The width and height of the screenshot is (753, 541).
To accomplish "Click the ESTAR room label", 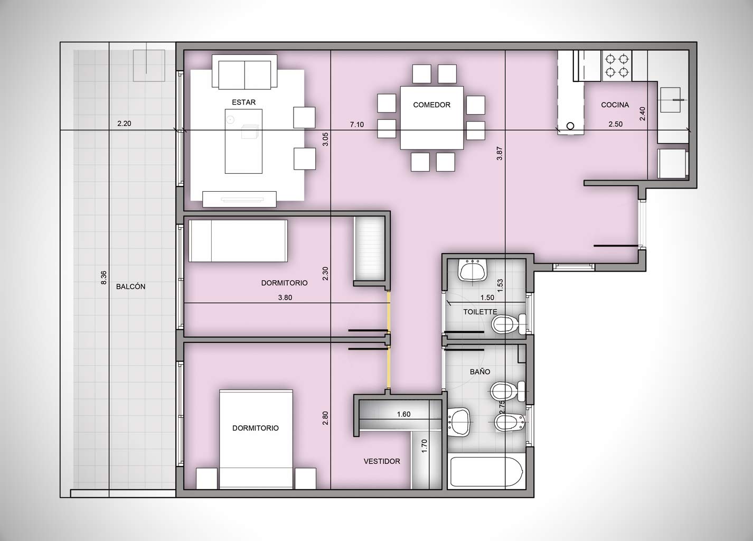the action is coord(244,102).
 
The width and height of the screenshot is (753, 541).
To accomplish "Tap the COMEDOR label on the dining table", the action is coord(431,105).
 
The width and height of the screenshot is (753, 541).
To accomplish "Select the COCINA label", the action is coord(615,105).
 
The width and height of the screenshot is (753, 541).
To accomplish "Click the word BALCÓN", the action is coord(131,286).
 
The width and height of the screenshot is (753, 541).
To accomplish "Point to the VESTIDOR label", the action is coord(382,461).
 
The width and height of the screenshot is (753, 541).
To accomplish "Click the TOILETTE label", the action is coord(480,312).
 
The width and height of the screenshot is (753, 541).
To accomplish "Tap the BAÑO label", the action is coord(480,371).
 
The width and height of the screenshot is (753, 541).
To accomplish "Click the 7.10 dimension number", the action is coord(356,125).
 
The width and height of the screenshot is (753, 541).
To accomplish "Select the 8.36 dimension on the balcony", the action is coord(103,278).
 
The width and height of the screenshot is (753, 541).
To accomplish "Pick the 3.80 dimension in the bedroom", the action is coord(285,297).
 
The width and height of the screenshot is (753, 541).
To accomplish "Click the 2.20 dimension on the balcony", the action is coord(124,124).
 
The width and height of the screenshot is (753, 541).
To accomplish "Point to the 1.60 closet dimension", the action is coord(403,414).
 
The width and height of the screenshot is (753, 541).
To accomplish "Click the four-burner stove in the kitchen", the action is coord(617,66).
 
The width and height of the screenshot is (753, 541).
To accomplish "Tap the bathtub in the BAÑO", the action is coord(486,472).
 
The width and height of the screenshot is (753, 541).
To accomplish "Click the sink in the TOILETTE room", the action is coord(473,270).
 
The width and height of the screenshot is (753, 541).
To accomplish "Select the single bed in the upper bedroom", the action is coord(238,241).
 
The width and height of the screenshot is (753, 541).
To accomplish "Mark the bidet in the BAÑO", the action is coord(510,422).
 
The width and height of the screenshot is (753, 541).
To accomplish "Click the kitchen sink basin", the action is coord(671,100).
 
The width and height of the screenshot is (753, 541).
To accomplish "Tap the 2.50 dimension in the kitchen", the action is coord(616,124).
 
